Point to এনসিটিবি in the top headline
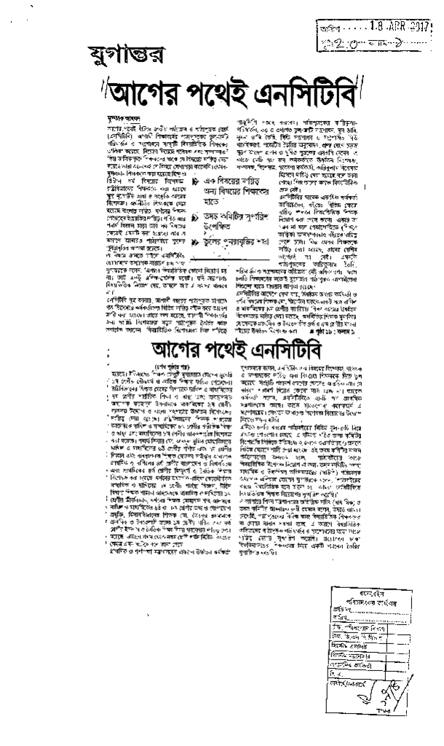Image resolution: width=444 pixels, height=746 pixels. (x=281, y=93)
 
